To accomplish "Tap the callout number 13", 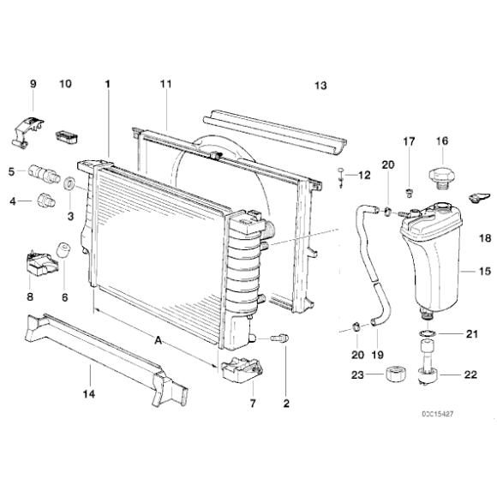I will point(320,86).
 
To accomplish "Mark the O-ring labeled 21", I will point(426,332).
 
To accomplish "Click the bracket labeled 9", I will point(29,124).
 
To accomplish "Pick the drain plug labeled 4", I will point(48,203).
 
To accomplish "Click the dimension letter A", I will point(158,340).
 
